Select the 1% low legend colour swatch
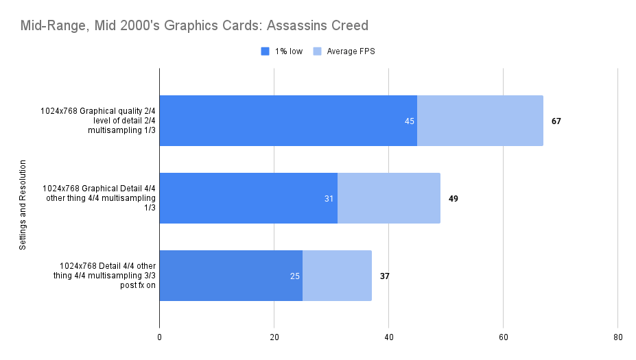[265, 51]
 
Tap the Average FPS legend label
[351, 51]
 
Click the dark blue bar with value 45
[288, 121]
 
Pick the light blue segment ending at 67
[480, 121]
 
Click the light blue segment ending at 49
[389, 198]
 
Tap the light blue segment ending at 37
[337, 276]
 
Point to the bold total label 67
[556, 121]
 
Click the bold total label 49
[453, 198]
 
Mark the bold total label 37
[384, 276]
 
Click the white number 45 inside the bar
[410, 121]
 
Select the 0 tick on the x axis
[160, 337]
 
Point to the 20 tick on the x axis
[274, 337]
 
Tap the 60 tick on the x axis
[503, 337]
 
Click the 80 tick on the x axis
[617, 337]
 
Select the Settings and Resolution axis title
[23, 204]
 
